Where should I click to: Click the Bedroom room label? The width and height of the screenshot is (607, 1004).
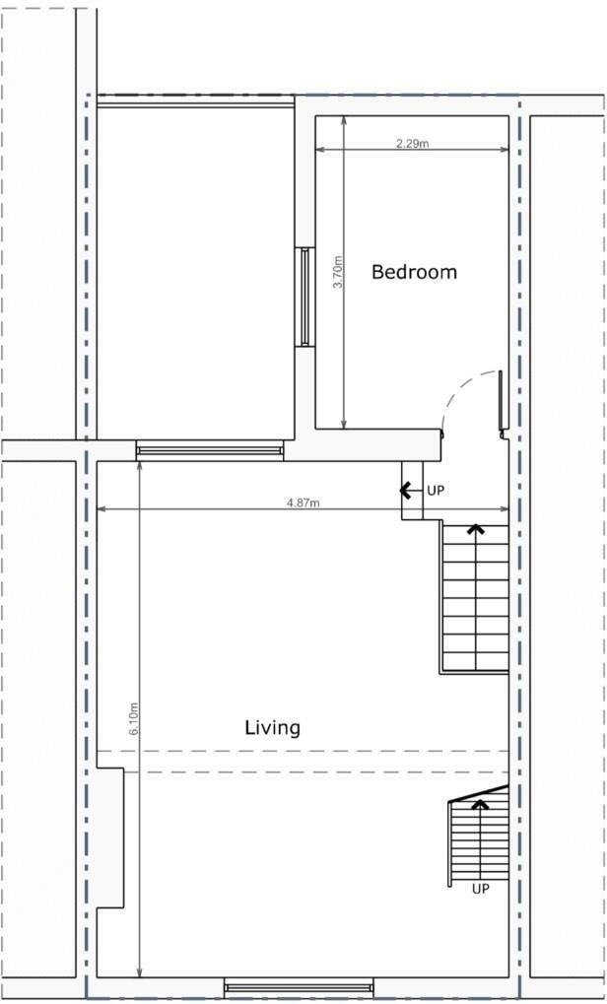(x=414, y=272)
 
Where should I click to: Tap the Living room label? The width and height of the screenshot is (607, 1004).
(x=272, y=728)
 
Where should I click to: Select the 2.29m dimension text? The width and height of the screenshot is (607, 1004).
(x=412, y=144)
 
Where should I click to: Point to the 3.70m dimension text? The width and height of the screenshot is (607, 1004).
(x=338, y=272)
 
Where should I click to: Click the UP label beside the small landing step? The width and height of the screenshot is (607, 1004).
(x=435, y=490)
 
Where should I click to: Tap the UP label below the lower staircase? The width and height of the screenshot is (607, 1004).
(x=480, y=889)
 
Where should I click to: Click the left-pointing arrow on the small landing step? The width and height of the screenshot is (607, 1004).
(x=406, y=489)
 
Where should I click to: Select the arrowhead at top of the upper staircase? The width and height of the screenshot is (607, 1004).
(x=476, y=530)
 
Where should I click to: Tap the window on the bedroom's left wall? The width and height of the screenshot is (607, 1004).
(x=304, y=297)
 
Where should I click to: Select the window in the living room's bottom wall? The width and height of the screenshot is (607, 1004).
(x=299, y=985)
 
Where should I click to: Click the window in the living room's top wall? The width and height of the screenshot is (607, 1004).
(x=210, y=451)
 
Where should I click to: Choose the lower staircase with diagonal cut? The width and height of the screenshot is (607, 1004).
(x=479, y=837)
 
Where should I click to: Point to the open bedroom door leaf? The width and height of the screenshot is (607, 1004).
(x=502, y=404)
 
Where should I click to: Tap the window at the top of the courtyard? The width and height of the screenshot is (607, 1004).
(x=195, y=100)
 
